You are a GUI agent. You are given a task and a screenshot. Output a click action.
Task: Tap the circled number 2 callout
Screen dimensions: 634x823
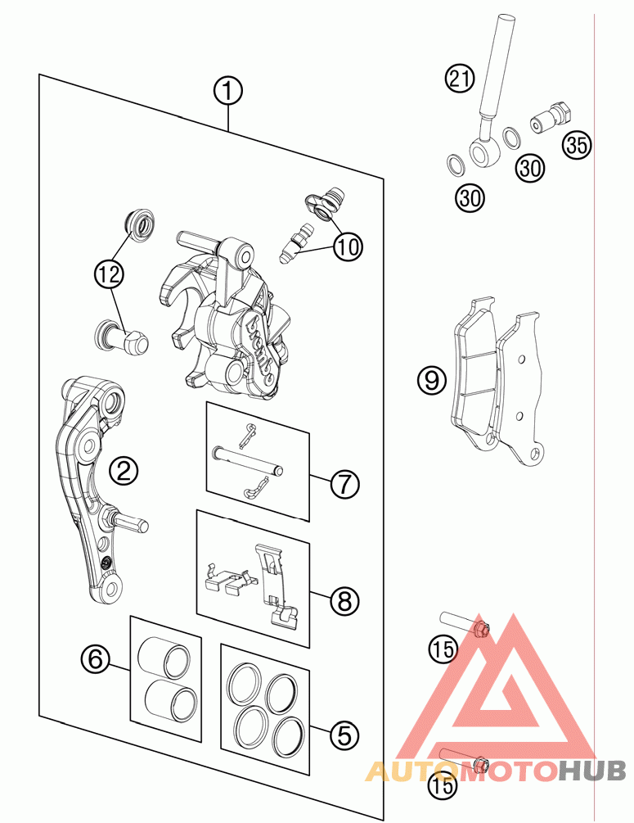[x=124, y=471]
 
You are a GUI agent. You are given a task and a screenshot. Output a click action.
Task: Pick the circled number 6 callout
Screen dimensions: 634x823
[x=95, y=658]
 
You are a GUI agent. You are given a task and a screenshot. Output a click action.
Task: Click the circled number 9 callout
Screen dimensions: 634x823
[x=431, y=379]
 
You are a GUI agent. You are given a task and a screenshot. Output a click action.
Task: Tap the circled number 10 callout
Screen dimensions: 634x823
[x=348, y=246]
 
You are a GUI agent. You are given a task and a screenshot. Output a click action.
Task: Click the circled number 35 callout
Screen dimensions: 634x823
[x=577, y=146]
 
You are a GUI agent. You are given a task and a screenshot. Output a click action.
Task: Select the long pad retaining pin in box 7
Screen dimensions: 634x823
[x=248, y=458]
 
